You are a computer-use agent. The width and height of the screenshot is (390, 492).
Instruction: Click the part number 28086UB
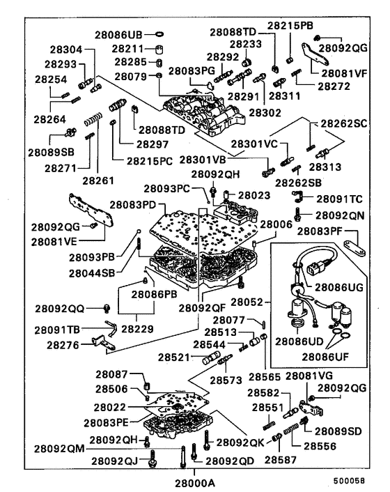coord(118,35)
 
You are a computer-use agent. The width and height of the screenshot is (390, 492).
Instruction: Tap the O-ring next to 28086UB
coord(159,34)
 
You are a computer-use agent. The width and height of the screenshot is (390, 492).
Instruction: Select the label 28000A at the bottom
coord(195,483)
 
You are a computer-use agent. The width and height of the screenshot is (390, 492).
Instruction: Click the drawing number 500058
coord(349,481)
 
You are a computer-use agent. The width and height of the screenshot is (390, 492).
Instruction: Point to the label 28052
coord(247,302)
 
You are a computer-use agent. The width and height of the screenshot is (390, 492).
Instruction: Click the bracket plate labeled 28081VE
coord(91,210)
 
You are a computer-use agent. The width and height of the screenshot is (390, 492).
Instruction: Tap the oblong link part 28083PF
coord(354,248)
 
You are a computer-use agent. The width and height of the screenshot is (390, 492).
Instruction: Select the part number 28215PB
coord(290,26)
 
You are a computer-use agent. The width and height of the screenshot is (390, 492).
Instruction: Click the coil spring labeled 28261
coord(93,119)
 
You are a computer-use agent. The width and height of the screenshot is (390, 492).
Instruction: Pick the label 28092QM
coord(59,449)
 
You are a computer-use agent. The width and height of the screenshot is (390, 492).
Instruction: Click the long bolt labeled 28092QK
coord(206,440)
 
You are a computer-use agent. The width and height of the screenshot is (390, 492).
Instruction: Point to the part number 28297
coord(153,144)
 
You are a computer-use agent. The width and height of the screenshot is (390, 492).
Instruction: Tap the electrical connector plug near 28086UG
coord(317,268)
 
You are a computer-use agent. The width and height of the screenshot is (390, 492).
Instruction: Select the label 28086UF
coord(325,357)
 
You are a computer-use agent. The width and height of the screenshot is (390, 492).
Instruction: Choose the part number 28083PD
coord(132,205)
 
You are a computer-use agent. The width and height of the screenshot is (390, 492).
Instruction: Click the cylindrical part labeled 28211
coord(159,49)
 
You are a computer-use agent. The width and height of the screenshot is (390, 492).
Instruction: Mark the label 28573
coord(226,380)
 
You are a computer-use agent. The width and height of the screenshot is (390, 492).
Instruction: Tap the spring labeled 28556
coord(291,429)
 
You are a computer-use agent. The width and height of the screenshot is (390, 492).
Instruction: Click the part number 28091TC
coord(339,199)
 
